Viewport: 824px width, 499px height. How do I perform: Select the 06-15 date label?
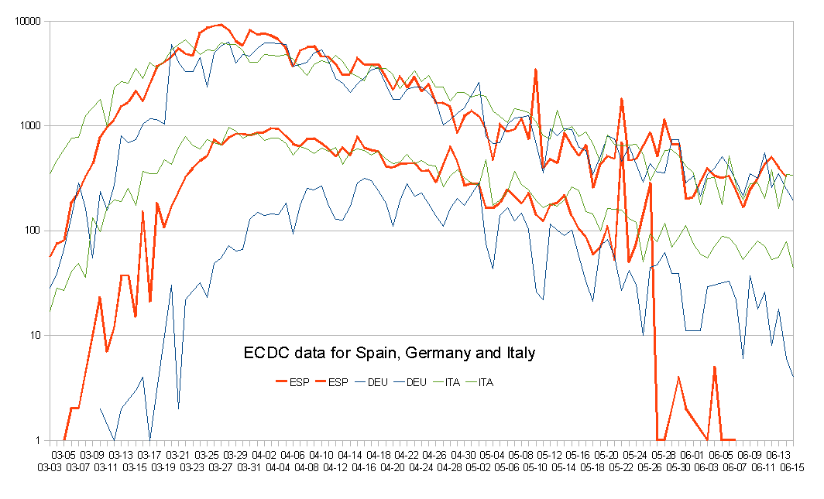792,467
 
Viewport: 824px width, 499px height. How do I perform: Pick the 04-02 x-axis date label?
264,456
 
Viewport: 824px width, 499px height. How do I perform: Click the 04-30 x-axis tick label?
464,456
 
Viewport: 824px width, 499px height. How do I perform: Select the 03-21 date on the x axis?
178,456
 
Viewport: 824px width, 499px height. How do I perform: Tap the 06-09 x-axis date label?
750,456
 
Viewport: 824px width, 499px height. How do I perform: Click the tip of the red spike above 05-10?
535,70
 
